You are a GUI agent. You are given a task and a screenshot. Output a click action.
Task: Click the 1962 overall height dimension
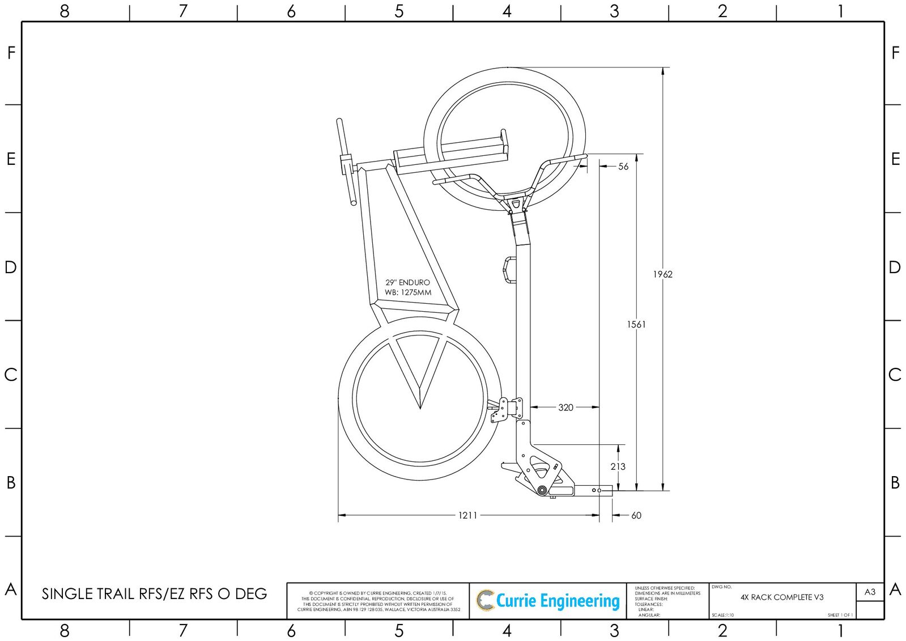662,274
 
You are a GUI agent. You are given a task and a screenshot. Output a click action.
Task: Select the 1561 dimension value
636,324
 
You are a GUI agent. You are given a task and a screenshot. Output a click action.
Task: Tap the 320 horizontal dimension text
565,407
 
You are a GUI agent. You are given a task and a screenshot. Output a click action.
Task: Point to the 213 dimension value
618,466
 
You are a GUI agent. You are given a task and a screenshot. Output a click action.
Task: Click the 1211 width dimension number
468,515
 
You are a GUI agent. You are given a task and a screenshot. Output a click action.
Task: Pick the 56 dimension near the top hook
623,167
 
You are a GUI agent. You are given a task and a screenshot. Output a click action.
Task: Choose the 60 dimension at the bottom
636,515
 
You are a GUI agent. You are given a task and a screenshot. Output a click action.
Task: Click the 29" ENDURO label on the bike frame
407,282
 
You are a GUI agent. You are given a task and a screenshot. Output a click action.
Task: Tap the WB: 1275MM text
408,292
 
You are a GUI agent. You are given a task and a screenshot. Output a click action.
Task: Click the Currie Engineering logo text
557,601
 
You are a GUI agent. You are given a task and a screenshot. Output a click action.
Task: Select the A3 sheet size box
870,592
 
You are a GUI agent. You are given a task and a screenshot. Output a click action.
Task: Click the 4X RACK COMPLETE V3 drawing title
782,597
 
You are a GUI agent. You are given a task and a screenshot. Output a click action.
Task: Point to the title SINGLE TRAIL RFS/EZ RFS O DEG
154,594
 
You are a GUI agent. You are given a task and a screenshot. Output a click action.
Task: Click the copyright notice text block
378,601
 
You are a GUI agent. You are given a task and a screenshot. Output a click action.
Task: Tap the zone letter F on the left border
11,53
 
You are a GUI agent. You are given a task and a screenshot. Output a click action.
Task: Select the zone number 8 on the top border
64,11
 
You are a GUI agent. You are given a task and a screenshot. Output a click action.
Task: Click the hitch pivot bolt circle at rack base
542,490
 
